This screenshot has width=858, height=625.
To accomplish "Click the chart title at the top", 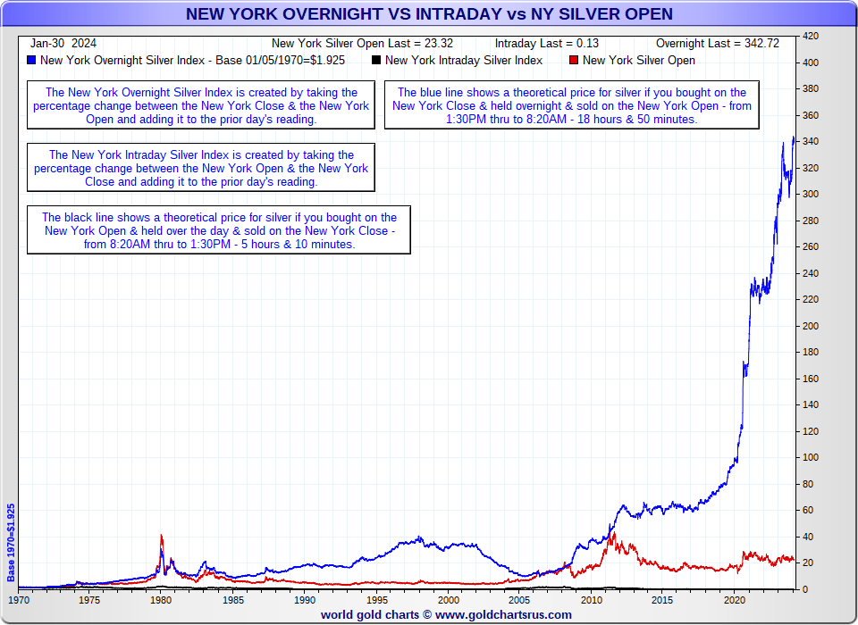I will click(429, 13).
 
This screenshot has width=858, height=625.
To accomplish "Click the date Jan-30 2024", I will click(63, 43).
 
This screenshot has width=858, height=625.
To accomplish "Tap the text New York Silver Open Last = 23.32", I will click(362, 43).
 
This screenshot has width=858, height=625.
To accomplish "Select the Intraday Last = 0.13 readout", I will click(547, 43).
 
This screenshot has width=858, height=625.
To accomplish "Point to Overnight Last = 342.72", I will click(718, 43).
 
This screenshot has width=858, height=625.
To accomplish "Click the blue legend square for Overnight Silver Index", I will click(32, 61).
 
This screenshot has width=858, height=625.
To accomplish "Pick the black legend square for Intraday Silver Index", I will click(376, 61).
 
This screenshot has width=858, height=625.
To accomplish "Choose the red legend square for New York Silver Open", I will click(573, 61).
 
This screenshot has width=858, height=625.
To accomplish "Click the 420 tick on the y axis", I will click(811, 36).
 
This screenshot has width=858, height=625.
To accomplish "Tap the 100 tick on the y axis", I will click(811, 457).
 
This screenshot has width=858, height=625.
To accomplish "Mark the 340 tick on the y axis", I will click(811, 141).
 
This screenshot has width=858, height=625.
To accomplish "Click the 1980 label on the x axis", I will click(161, 601).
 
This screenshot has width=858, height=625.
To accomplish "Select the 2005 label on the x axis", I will click(519, 601).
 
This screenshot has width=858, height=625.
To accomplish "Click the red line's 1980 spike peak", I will click(161, 535).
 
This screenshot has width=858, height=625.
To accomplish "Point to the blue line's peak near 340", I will click(794, 137).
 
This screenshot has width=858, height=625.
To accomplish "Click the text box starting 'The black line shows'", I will click(219, 230).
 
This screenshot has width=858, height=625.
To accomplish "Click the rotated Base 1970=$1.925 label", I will click(11, 543).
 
